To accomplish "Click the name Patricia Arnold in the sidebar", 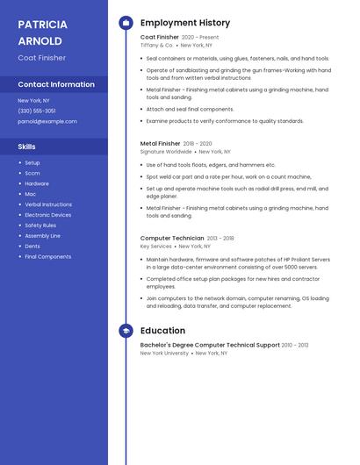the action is [x=40, y=32].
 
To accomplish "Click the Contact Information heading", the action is [x=56, y=84].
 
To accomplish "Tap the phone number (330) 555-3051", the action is [x=37, y=111].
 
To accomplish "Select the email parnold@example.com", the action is [x=41, y=121].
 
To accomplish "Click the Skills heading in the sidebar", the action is [x=27, y=147].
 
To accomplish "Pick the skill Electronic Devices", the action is [x=48, y=215].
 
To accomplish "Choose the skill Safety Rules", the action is [x=40, y=225].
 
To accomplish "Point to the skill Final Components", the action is [x=48, y=257].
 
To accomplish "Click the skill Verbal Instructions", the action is [x=48, y=204].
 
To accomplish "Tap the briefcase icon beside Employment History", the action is [x=126, y=23].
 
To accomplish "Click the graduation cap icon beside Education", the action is [x=126, y=331].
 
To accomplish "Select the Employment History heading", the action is [x=185, y=23].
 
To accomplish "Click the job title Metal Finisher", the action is [x=161, y=143].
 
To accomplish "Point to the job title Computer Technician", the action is [x=172, y=238].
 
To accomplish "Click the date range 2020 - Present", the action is [x=200, y=38].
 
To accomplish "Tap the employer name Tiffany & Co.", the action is [x=156, y=45].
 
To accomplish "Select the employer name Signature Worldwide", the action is [x=166, y=151].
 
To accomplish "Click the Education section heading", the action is [x=162, y=331].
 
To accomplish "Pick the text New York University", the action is [x=164, y=353].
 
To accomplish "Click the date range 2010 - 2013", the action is [x=295, y=345].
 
